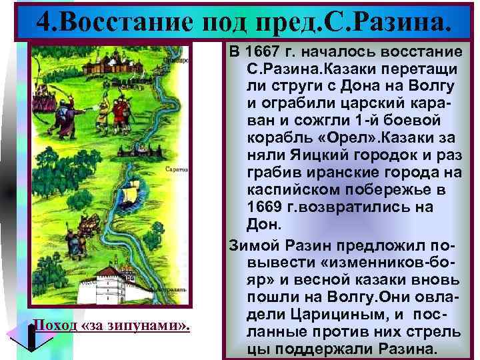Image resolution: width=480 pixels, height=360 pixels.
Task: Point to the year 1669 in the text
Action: [266, 207]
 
